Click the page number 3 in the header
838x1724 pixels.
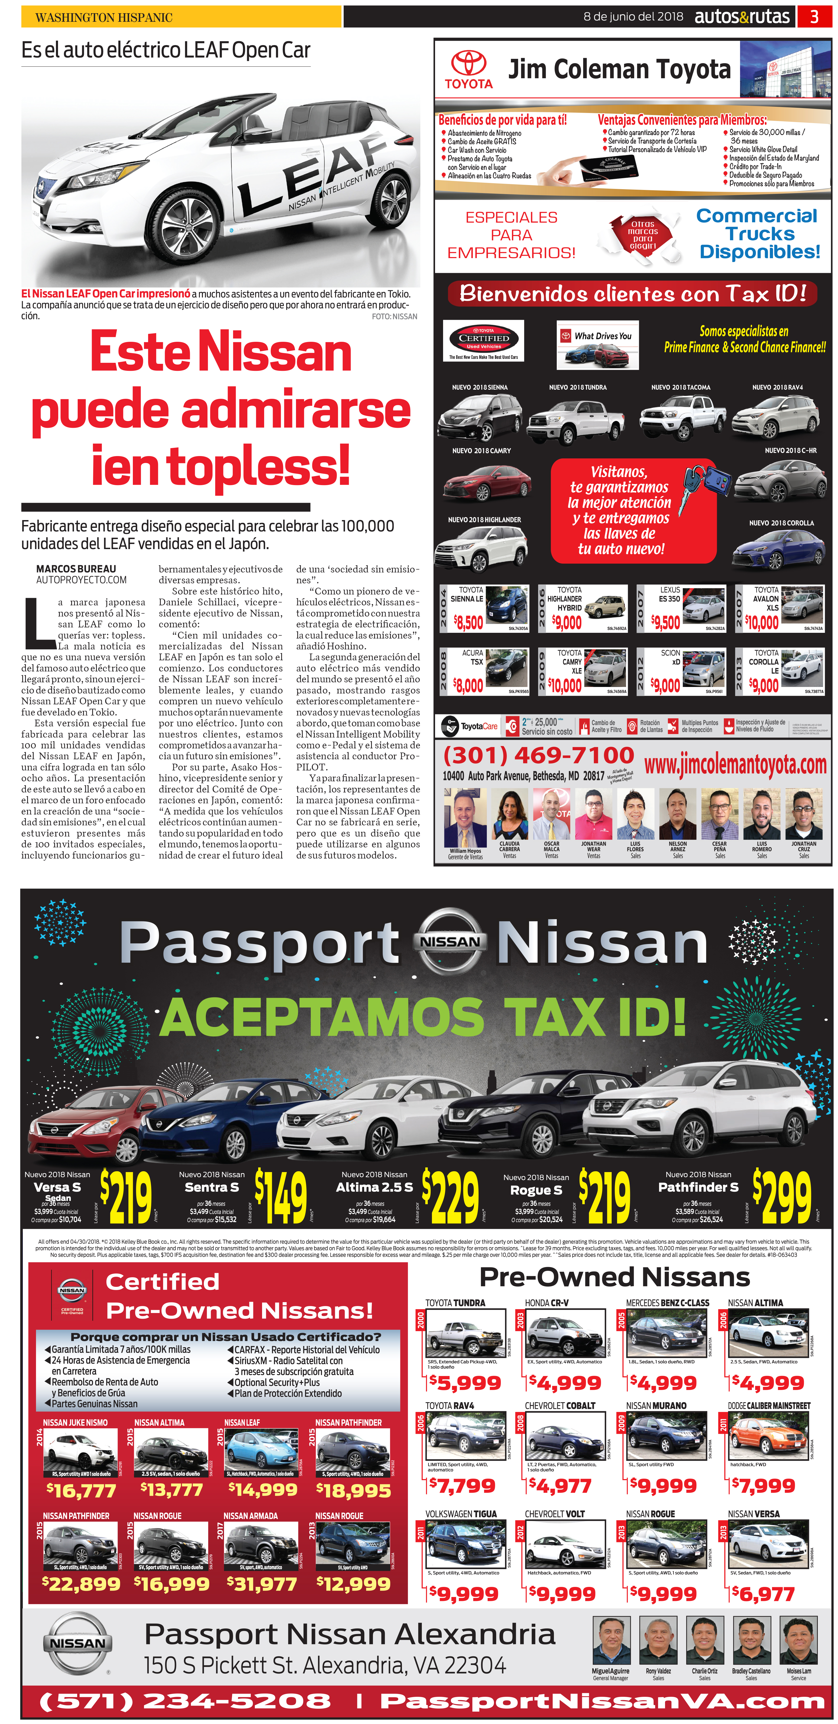tap(814, 17)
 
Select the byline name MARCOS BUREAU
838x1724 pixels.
tap(76, 569)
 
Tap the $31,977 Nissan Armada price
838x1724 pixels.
tap(262, 1584)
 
